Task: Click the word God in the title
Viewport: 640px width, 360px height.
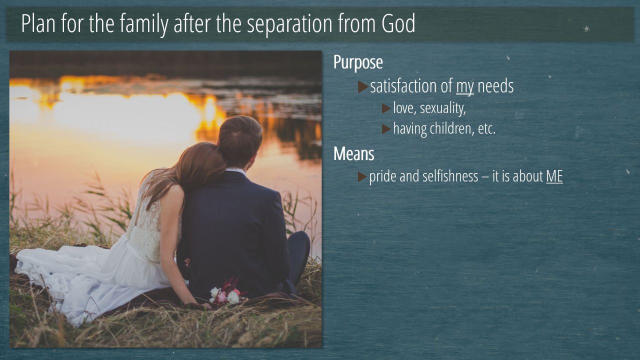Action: point(398,23)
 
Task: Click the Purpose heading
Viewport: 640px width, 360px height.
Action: point(358,62)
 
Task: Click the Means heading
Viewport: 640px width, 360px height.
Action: point(353,153)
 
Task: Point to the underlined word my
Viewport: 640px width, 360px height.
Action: point(465,87)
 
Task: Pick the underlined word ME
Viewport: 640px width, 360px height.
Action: point(554,176)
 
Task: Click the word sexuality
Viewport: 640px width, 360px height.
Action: point(443,108)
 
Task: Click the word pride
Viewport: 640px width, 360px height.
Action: point(382,176)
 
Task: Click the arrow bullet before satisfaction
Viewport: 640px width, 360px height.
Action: point(363,87)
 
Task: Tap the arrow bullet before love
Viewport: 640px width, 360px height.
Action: point(386,108)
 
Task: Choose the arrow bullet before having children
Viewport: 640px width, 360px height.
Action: point(386,129)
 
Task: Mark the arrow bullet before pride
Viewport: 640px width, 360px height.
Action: point(362,176)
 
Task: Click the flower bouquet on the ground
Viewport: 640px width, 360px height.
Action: point(227,293)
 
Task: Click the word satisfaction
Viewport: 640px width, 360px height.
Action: point(411,86)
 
